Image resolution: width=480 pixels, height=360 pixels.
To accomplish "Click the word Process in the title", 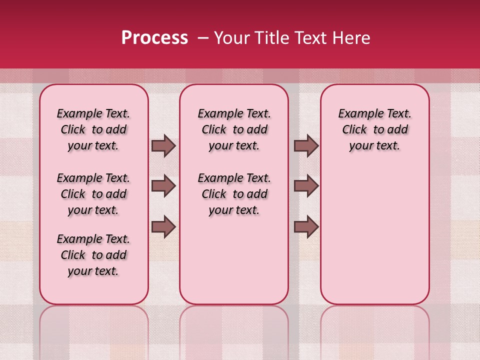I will tap(154, 38).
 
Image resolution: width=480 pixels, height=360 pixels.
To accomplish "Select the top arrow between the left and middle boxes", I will tap(163, 145).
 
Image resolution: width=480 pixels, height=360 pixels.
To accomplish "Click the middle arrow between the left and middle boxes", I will tap(163, 186).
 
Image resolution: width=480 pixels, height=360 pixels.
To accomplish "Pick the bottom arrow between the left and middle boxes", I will tap(163, 226).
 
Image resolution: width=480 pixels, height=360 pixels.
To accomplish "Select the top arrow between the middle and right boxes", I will tap(306, 145).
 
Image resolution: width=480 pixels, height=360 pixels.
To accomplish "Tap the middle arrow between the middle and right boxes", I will tap(306, 186).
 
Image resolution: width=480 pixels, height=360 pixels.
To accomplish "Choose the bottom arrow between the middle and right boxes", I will tap(306, 226).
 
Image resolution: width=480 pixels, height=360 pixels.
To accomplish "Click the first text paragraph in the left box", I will tap(93, 129).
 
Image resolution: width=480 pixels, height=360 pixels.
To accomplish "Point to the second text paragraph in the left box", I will tap(93, 194).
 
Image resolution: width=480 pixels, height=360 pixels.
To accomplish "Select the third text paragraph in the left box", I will tap(93, 255).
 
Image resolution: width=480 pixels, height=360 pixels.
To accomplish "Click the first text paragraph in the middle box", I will tap(234, 129).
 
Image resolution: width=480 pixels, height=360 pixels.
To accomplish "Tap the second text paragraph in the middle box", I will tap(234, 194).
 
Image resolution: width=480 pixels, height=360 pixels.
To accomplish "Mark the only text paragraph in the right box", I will tap(374, 129).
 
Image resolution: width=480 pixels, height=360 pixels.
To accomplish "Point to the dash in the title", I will tap(203, 38).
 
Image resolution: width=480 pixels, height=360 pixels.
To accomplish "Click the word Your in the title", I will tap(228, 38).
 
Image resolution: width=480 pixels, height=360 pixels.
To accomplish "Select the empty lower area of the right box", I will tap(374, 230).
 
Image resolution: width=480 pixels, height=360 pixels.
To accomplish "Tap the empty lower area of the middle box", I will tap(234, 260).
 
